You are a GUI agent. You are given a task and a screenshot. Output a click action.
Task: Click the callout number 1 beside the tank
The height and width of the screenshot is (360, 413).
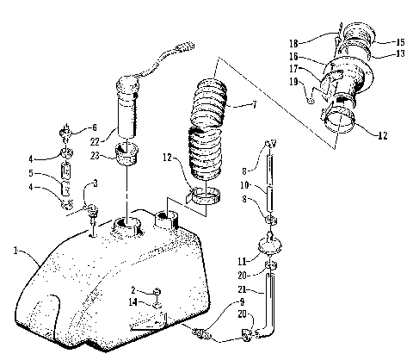(15, 251)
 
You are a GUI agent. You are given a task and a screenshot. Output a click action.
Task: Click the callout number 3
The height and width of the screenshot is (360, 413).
(94, 184)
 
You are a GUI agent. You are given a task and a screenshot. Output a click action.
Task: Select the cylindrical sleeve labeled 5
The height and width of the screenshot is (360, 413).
(65, 184)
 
